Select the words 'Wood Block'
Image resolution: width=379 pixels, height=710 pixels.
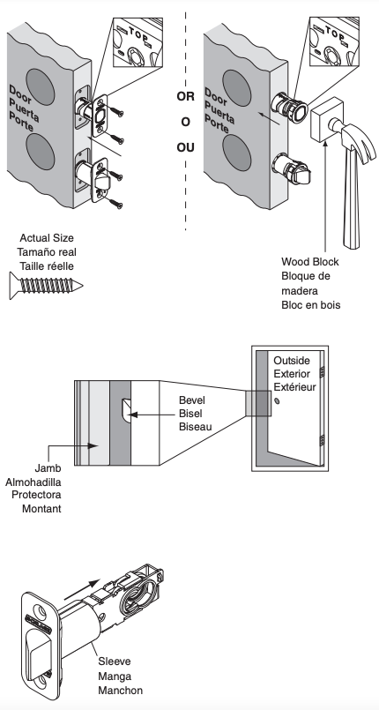309,262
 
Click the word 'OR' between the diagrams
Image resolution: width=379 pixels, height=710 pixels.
185,91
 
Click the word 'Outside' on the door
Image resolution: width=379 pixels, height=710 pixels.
293,362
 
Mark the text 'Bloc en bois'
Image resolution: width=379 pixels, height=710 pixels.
310,304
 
